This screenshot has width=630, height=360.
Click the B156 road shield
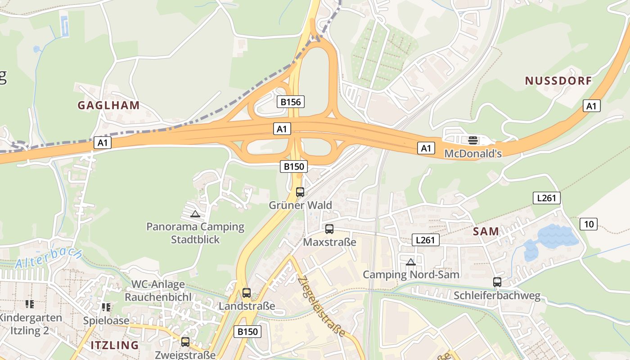pos(291,102)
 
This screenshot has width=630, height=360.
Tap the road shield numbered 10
pos(588,224)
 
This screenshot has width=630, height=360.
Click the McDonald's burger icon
pos(472,140)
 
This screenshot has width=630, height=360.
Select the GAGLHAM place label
pos(108,105)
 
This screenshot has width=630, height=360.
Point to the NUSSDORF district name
pos(558,81)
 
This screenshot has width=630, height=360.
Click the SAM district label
pos(486,232)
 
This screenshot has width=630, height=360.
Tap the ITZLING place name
pos(115,345)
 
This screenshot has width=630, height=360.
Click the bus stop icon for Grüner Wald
pos(300,192)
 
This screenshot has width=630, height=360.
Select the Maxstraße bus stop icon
pos(329,229)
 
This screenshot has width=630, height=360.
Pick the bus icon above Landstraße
pos(247,293)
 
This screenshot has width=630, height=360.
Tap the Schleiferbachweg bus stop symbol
pos(497,282)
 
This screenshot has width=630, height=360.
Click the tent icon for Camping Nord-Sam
pos(410,262)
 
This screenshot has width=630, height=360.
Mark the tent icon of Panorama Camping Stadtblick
pos(195,214)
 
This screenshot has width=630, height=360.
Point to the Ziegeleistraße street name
pos(322,306)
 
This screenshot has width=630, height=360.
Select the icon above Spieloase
pos(106,307)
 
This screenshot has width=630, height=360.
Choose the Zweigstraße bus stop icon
pos(185,342)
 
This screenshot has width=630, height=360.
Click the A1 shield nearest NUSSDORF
pos(592,106)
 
